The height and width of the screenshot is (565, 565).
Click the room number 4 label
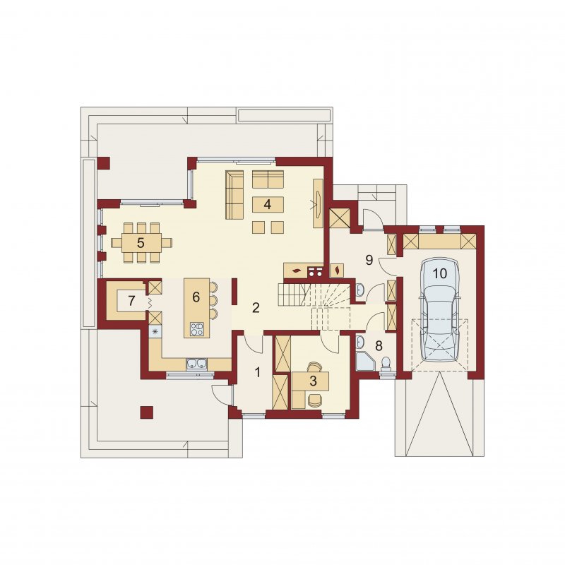point(267,204)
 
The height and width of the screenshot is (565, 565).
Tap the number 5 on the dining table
point(141,243)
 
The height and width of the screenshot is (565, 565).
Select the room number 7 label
point(131,301)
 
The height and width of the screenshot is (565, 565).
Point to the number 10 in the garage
point(439,273)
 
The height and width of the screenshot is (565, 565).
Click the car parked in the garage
point(439,309)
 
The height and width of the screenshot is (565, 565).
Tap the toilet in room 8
point(386,364)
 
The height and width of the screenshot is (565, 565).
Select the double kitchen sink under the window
point(197,364)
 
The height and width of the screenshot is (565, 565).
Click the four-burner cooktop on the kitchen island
point(197,329)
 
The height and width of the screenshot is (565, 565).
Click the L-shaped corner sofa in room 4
point(235,195)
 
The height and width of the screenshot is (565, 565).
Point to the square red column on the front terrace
point(147,412)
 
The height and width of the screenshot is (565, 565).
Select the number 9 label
point(369,260)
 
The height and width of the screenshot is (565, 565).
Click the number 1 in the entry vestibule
point(257,372)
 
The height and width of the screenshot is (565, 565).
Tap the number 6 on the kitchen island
point(196,297)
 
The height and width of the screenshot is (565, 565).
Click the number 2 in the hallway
point(256,308)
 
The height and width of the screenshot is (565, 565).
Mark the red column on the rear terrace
point(104,163)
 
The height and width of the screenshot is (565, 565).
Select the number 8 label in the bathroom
point(379,346)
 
